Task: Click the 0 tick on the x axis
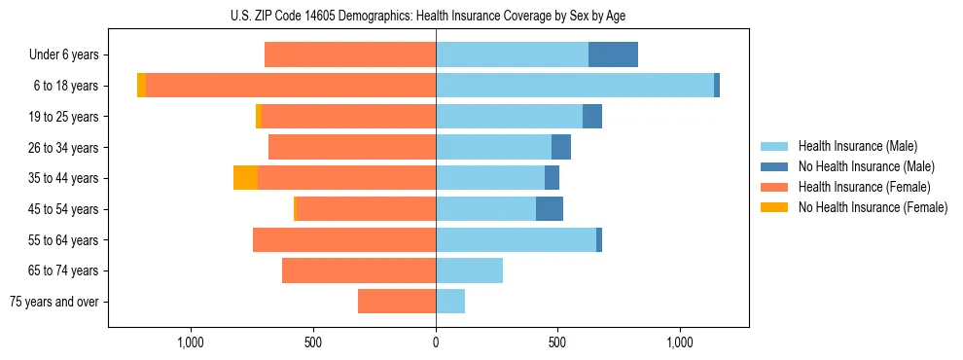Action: pos(436,342)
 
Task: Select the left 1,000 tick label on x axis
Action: pos(191,342)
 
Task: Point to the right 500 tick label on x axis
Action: pos(557,342)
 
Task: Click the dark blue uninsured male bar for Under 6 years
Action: pos(613,55)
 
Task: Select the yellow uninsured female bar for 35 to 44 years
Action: pos(245,178)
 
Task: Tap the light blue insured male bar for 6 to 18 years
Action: pos(574,86)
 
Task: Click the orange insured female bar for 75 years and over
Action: pos(397,302)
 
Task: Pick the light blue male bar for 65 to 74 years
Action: pos(469,270)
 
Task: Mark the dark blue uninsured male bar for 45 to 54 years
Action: pos(550,209)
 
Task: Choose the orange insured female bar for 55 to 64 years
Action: pos(344,240)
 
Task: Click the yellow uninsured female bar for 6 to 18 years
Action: pos(141,86)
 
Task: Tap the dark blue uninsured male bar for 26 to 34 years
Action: pos(561,148)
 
